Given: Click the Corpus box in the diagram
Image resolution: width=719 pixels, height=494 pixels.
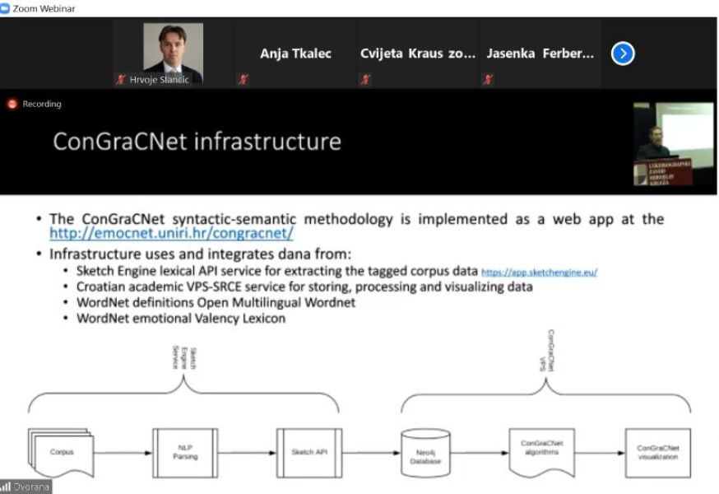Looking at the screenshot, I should pos(61,452).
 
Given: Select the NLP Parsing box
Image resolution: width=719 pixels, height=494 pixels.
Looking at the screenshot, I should pos(185,452).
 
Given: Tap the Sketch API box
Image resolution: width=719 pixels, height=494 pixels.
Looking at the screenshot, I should pos(309,452).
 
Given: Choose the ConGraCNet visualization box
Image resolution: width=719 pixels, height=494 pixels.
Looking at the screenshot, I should pos(657,452).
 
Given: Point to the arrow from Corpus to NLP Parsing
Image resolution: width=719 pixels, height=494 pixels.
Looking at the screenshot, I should pos(123,452).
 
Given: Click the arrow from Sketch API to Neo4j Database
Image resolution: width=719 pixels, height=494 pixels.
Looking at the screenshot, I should pos(370,452).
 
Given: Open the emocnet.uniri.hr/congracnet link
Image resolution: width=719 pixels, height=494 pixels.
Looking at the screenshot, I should pos(171,233).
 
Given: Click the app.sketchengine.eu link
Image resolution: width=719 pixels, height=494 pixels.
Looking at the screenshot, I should pos(539,271).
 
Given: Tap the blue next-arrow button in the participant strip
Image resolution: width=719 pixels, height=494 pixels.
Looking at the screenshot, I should pos(623,54).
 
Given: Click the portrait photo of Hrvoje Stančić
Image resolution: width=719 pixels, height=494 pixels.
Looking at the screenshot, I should pos(173,49).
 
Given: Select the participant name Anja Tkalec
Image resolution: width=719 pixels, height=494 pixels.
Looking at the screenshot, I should pos(295,54).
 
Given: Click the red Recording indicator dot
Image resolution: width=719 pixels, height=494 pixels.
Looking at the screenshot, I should pos(12,105).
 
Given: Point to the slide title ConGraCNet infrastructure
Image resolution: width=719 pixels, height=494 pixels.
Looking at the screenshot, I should pos(197,141).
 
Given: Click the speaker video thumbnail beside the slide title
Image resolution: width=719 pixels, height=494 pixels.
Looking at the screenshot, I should pos(674,142).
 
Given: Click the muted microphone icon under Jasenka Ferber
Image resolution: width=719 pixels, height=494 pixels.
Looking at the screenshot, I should pos(489,80).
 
